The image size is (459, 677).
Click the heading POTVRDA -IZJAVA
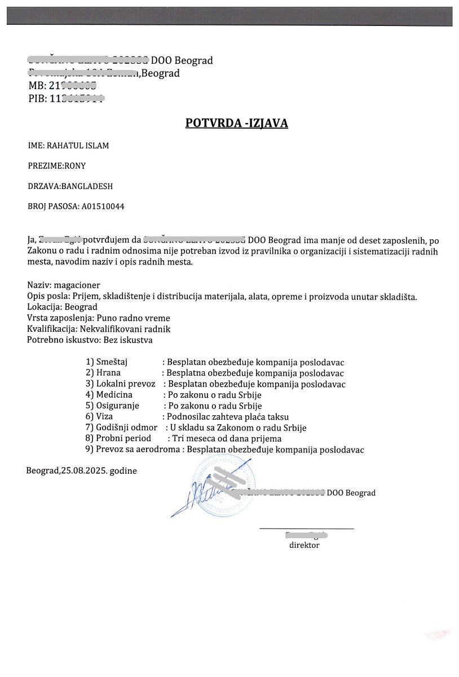(x=236, y=123)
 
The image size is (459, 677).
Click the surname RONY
(x=74, y=166)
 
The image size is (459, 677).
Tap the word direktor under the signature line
(x=304, y=546)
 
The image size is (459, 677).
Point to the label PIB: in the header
(x=38, y=99)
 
